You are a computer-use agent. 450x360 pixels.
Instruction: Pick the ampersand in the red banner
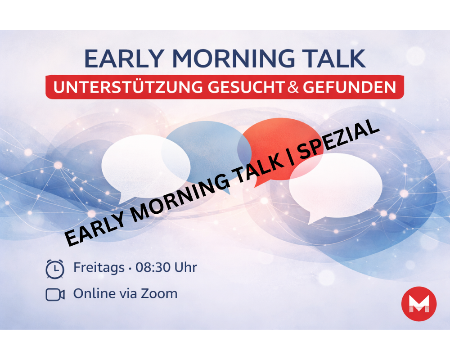293,87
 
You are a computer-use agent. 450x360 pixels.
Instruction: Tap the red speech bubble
288,135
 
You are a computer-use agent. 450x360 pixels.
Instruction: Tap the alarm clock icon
55,269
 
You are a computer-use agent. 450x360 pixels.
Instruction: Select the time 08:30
153,268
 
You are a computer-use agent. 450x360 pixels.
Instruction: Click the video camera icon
55,294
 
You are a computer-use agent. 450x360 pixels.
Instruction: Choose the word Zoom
158,294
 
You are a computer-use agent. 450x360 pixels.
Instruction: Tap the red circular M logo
418,304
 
